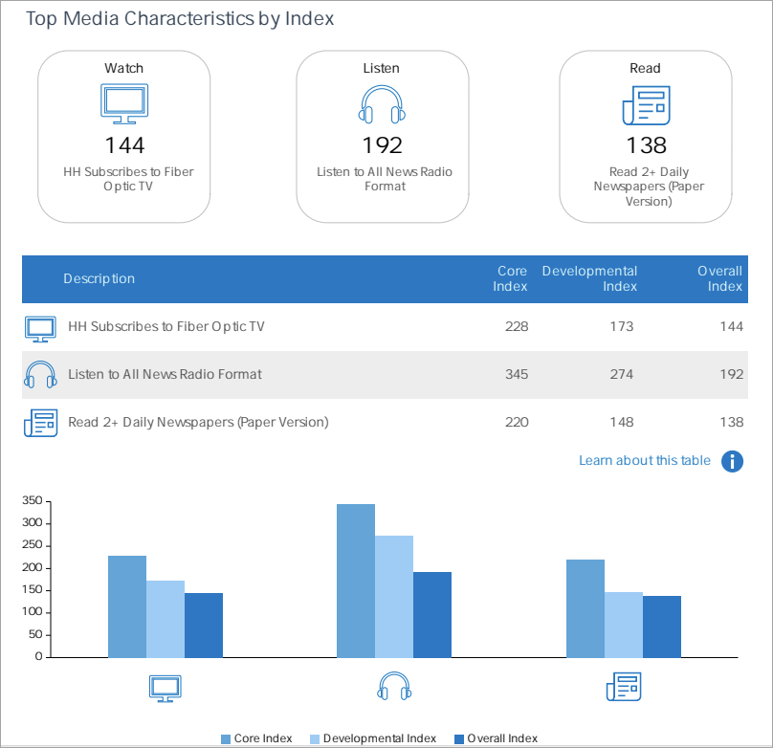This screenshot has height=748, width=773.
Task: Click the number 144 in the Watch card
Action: (x=124, y=144)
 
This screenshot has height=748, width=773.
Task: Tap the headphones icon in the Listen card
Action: (x=382, y=104)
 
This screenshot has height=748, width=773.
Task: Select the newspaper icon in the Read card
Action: (x=646, y=105)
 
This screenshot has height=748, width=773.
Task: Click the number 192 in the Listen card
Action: (x=382, y=144)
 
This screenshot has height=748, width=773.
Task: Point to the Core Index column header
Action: (x=512, y=278)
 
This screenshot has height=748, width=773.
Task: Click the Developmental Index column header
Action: (x=589, y=278)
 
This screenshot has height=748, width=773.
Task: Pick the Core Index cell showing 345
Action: (x=516, y=374)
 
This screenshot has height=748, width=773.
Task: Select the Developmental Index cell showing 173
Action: (x=621, y=326)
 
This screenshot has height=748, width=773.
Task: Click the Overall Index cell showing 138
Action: (x=731, y=422)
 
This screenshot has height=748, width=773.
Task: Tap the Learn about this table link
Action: (x=644, y=461)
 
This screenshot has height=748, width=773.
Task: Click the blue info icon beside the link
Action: (x=732, y=461)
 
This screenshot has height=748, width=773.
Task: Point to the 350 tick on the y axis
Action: (x=32, y=501)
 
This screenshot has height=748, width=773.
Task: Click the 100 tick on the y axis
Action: (x=32, y=612)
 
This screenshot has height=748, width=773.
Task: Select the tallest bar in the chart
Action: (x=356, y=580)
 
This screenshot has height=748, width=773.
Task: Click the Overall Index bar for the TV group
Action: (x=204, y=625)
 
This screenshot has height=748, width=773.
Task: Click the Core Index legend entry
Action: (x=256, y=738)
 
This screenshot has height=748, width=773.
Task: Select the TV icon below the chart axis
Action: (x=165, y=687)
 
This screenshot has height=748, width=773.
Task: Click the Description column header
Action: (x=99, y=278)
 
